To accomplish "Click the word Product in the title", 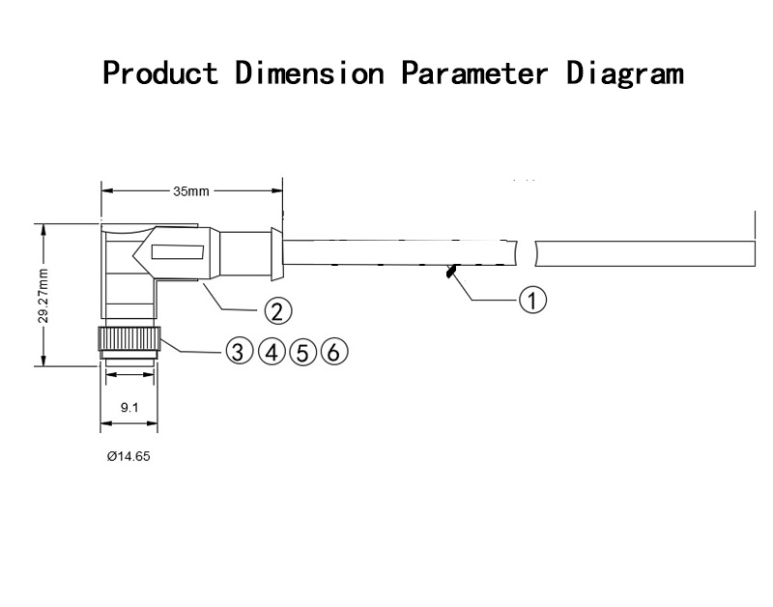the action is click(x=160, y=73).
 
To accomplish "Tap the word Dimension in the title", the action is click(x=309, y=73).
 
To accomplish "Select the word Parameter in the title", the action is click(x=474, y=73).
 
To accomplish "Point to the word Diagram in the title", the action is click(x=624, y=74).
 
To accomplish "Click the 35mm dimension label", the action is click(x=190, y=191).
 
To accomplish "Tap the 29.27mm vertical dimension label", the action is click(x=43, y=296).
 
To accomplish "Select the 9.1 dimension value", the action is click(x=129, y=407).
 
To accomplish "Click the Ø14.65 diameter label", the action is click(x=129, y=456).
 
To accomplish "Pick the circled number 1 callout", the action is click(x=533, y=300).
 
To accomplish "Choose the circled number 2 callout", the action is click(x=278, y=311).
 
